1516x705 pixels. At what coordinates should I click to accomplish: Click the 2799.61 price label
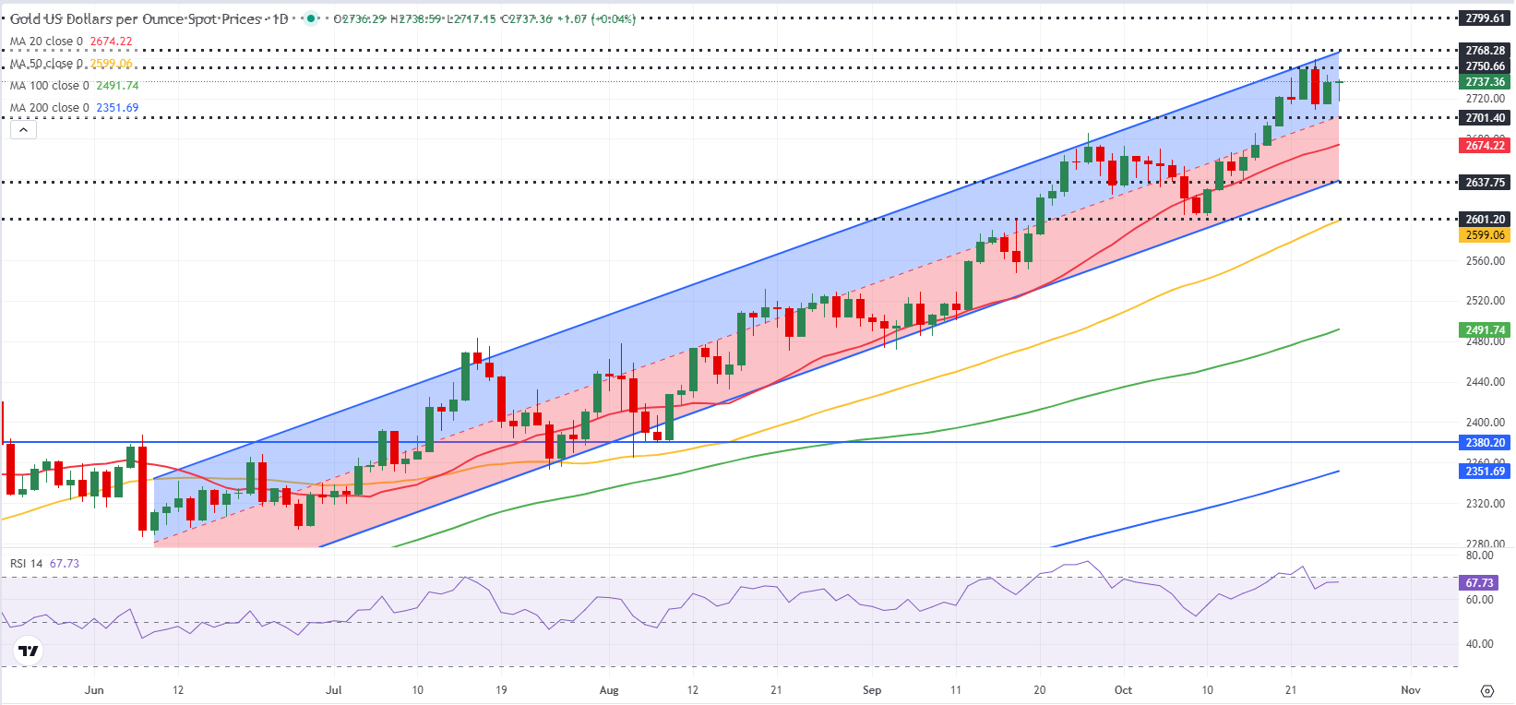pos(1485,18)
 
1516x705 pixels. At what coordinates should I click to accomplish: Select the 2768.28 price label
pos(1485,51)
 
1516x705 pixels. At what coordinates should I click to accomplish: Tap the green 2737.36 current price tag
pos(1485,82)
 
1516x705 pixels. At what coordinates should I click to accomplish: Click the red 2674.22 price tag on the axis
pos(1485,146)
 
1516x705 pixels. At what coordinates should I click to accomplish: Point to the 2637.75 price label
pos(1485,183)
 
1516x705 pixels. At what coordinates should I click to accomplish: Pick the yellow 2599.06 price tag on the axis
pos(1485,235)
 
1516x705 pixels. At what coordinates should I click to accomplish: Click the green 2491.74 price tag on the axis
pos(1485,330)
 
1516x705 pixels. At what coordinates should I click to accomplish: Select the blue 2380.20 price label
pos(1485,443)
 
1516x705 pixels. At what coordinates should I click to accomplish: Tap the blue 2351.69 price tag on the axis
pos(1485,472)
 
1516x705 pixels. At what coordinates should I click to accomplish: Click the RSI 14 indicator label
pos(26,564)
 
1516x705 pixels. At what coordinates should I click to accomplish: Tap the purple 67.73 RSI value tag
pos(1479,583)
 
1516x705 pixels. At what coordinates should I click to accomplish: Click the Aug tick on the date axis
pos(609,690)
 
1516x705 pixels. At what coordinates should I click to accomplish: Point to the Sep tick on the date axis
pos(872,690)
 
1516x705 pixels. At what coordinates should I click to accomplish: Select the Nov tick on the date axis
pos(1411,690)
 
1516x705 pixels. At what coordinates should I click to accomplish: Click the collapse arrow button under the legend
pos(23,130)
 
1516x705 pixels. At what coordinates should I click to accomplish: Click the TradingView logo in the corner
pos(29,651)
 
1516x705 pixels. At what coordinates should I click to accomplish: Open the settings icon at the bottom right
pos(1487,691)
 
